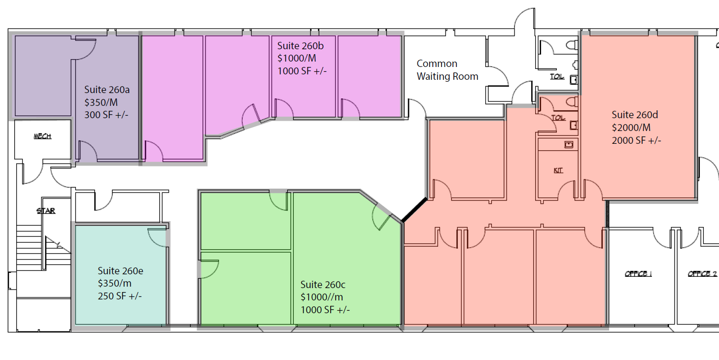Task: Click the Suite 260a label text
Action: tap(107, 90)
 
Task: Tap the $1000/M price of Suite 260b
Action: tap(297, 58)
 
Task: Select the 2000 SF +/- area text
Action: tap(636, 140)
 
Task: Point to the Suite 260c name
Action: tap(323, 285)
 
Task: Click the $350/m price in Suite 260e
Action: tap(115, 283)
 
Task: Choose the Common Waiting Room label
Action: tap(447, 70)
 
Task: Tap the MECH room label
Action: tap(42, 136)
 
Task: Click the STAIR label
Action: tap(45, 211)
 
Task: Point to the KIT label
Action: tap(558, 170)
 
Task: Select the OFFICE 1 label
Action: tap(638, 274)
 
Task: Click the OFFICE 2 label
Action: tap(702, 274)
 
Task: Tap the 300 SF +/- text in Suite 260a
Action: tap(106, 115)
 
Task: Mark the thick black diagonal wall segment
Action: tap(414, 210)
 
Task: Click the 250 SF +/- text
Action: tap(120, 296)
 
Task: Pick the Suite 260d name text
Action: tap(635, 115)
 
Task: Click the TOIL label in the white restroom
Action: tap(557, 76)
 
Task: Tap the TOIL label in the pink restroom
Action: tap(558, 118)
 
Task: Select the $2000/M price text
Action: tap(631, 128)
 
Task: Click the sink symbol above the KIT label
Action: tap(569, 145)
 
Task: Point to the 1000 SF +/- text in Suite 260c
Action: tap(325, 310)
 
